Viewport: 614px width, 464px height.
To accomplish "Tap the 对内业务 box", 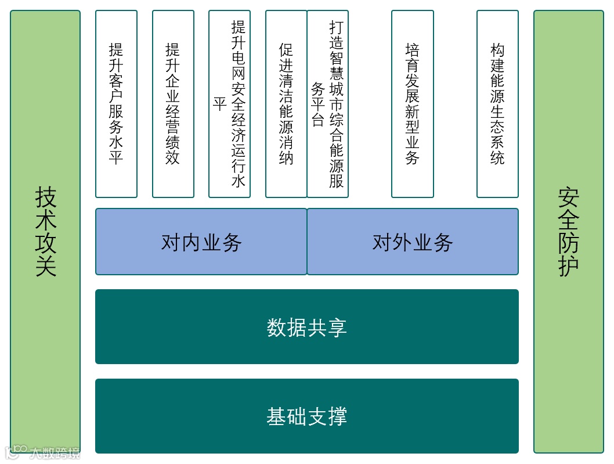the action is click(201, 242).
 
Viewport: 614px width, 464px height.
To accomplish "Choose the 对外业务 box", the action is click(412, 242).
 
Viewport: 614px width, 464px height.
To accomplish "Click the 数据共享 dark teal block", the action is click(306, 327).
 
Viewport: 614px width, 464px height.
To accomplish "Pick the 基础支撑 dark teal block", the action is click(306, 416).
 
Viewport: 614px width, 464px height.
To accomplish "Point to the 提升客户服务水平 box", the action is click(116, 104).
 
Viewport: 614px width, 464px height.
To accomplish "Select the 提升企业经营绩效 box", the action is click(173, 104).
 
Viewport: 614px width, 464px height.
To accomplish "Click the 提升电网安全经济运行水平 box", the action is click(229, 104).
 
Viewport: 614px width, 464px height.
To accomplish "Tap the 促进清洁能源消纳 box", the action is click(286, 104).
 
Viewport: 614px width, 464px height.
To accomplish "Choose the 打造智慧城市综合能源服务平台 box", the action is click(328, 104).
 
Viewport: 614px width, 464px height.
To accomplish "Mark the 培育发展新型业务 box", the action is click(412, 104).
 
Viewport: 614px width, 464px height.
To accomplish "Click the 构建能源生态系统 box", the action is click(497, 104).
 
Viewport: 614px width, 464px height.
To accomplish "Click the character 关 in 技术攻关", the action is click(45, 266).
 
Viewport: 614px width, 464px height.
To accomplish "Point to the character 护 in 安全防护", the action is click(568, 266).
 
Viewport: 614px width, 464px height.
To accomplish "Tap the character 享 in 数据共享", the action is click(337, 328).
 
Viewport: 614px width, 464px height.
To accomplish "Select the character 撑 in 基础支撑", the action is click(337, 416).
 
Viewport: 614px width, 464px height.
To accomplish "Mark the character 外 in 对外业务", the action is click(402, 242).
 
